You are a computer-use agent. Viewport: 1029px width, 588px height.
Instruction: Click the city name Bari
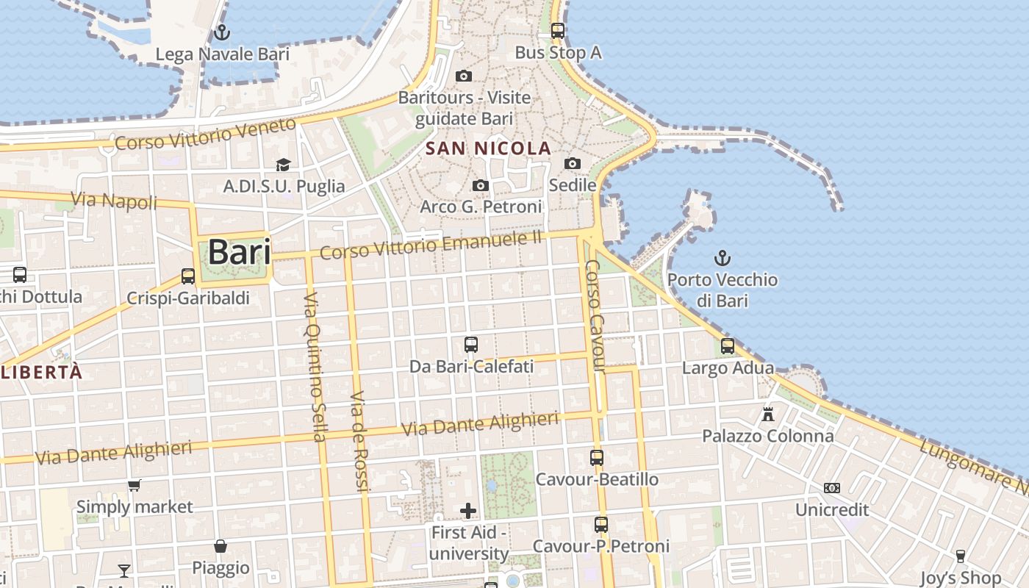tap(239, 252)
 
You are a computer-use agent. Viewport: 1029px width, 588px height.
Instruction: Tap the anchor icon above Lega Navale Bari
tap(221, 32)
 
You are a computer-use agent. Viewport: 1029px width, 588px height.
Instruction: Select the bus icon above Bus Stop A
tap(558, 31)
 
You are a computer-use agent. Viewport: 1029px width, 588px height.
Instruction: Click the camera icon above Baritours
tap(463, 76)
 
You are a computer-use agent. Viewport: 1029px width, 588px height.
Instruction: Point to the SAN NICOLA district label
tap(488, 148)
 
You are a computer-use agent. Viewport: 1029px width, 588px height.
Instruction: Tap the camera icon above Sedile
tap(573, 163)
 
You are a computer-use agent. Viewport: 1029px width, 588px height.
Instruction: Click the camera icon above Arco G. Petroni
tap(481, 185)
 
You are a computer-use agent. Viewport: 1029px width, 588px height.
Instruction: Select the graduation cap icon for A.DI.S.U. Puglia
tap(283, 165)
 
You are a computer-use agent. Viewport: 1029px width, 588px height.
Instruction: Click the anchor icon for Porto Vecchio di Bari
tap(723, 258)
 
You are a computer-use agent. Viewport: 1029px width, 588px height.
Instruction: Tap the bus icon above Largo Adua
tap(728, 346)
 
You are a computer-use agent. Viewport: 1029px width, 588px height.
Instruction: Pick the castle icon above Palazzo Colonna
tap(768, 415)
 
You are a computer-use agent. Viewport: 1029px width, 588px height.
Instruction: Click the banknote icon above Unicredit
tap(832, 488)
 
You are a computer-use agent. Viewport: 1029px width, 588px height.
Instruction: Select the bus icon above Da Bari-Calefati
tap(471, 344)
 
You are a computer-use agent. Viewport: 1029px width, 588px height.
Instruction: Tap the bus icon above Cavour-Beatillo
tap(597, 458)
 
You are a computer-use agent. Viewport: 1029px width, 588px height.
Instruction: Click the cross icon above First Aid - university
tap(468, 511)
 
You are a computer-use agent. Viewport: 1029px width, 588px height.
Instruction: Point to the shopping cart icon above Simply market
tap(134, 485)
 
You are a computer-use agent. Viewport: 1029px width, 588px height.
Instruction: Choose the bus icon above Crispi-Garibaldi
tap(188, 276)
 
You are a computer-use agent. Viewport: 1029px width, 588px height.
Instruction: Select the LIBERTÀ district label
tap(42, 372)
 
